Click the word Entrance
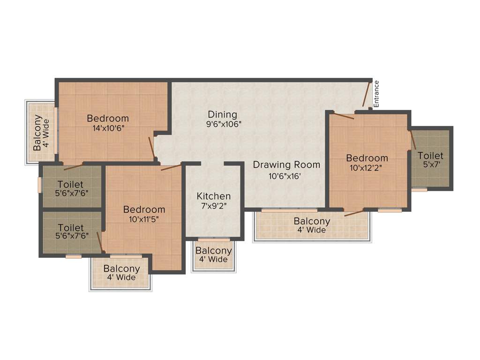click(376, 94)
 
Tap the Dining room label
click(223, 114)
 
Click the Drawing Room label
click(286, 165)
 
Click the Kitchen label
click(214, 196)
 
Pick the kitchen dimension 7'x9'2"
click(214, 206)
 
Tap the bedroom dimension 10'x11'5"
click(144, 219)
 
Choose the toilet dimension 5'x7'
click(430, 165)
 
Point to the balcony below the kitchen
click(214, 255)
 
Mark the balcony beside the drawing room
click(312, 225)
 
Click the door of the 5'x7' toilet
click(413, 140)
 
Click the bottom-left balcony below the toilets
click(121, 273)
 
